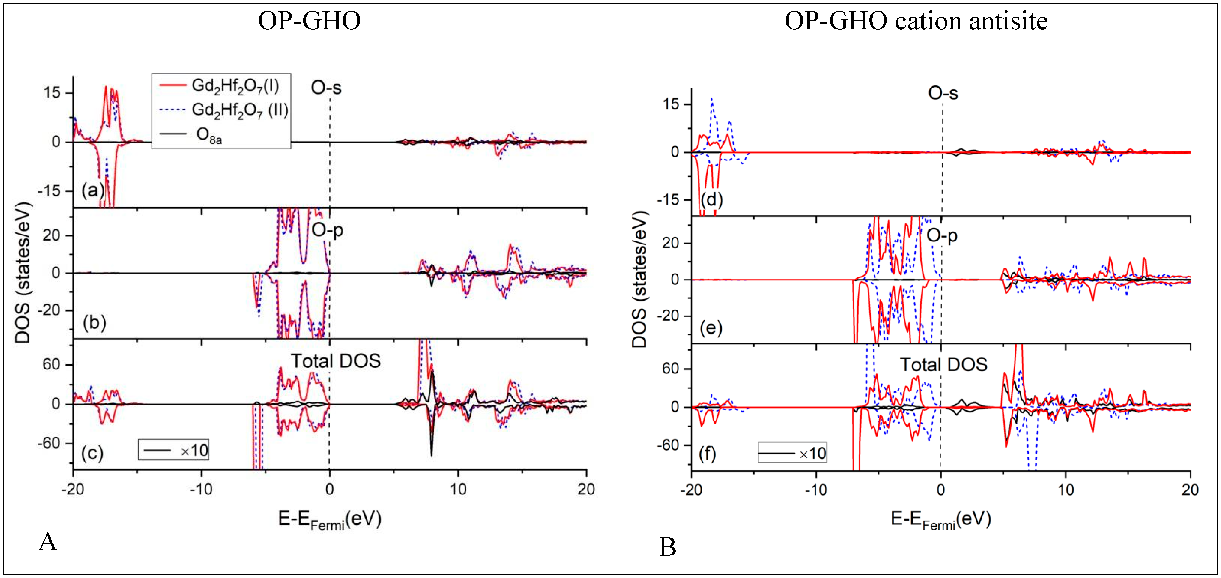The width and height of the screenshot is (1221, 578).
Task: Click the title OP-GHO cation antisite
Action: coord(915,21)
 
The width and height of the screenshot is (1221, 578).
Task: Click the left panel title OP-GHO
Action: coord(309,21)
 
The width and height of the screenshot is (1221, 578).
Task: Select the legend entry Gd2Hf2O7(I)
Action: coord(235,86)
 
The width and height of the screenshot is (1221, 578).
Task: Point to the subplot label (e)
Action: coord(711,328)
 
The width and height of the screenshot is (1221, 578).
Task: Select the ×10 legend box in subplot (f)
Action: coord(792,453)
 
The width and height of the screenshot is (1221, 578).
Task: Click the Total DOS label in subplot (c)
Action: coord(336,361)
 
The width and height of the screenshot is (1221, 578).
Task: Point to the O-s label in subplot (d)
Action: coord(943,93)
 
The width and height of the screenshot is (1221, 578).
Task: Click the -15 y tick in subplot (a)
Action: coord(49,191)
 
